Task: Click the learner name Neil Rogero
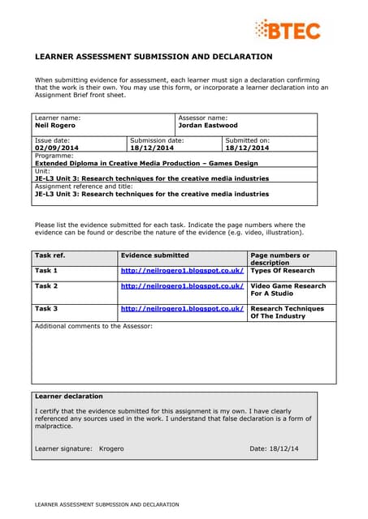tap(55, 126)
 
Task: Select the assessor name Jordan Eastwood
tap(208, 126)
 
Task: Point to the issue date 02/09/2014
tap(57, 148)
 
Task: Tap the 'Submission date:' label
tap(157, 140)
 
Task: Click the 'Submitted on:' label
tap(247, 140)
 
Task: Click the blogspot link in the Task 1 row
tap(182, 270)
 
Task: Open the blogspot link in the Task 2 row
tap(182, 286)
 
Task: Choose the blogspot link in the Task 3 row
tap(182, 309)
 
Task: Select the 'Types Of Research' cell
tap(282, 270)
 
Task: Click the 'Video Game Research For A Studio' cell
tap(288, 290)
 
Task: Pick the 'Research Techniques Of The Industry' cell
tap(287, 312)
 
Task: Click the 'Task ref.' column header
tap(50, 255)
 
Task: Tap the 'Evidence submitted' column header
tap(154, 255)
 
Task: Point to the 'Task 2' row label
tap(46, 286)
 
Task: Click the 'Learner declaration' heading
tap(69, 397)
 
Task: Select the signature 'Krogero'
tap(111, 448)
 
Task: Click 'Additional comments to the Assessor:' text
tap(93, 326)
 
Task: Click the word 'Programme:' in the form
tap(54, 156)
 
